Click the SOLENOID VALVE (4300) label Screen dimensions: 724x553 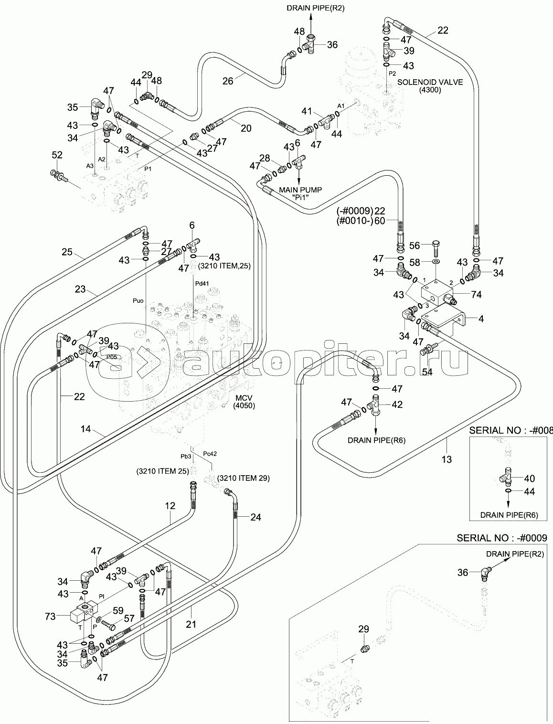point(430,86)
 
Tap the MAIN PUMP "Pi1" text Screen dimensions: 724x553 point(300,193)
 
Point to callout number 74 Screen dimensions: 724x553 point(476,295)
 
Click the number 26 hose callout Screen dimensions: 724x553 point(228,81)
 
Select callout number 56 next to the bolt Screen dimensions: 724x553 point(415,245)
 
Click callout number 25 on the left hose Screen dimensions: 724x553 point(67,252)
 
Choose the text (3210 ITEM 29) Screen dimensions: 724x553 point(241,478)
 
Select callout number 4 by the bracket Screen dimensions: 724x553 point(481,319)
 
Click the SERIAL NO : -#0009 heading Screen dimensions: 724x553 point(501,538)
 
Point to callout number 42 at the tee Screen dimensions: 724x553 point(397,405)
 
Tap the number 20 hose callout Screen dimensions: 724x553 point(246,128)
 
